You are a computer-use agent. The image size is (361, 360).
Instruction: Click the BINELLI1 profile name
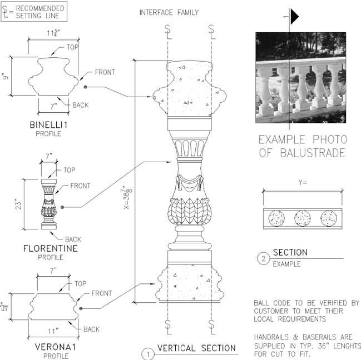pyautogui.click(x=48, y=125)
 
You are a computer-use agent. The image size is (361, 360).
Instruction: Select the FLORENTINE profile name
pyautogui.click(x=51, y=248)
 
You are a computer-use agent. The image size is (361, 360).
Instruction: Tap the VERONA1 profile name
pyautogui.click(x=55, y=347)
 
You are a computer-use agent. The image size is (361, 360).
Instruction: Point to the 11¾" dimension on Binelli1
pyautogui.click(x=53, y=33)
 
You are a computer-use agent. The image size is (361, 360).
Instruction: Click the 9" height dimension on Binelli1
pyautogui.click(x=6, y=76)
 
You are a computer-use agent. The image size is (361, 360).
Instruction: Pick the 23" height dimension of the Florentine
pyautogui.click(x=18, y=204)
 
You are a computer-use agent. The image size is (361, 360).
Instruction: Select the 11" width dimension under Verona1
pyautogui.click(x=53, y=331)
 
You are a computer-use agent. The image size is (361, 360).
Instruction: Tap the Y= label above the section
pyautogui.click(x=303, y=182)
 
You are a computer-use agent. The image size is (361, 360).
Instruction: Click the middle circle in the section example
pyautogui.click(x=302, y=218)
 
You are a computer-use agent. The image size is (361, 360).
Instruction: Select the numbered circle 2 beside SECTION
pyautogui.click(x=264, y=259)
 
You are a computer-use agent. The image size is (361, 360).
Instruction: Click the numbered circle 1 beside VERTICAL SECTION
pyautogui.click(x=148, y=354)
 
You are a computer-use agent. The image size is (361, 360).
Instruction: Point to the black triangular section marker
pyautogui.click(x=294, y=17)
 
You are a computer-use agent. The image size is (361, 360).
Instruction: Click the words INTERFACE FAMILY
pyautogui.click(x=169, y=12)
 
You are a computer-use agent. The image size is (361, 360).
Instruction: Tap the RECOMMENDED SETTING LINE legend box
pyautogui.click(x=34, y=12)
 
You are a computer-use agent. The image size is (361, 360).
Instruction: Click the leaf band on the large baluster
pyautogui.click(x=190, y=211)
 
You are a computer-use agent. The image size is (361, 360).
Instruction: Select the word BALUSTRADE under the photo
pyautogui.click(x=313, y=153)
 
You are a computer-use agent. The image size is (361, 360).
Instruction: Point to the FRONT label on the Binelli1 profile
pyautogui.click(x=105, y=72)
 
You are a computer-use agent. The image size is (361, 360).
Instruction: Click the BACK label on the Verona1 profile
pyautogui.click(x=91, y=329)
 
